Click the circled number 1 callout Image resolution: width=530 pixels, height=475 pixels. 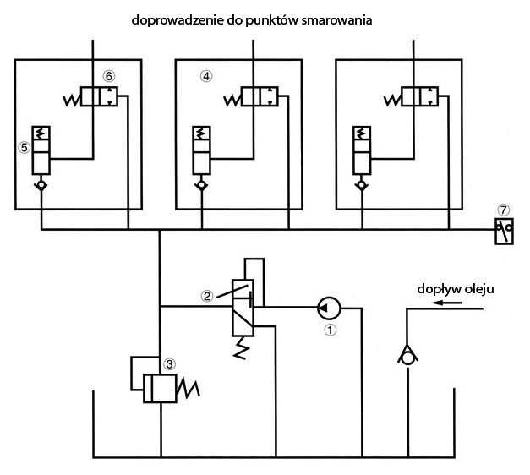coord(331,330)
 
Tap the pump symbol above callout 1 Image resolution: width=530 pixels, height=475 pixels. coord(330,306)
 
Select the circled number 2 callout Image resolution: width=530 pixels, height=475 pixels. coord(205,296)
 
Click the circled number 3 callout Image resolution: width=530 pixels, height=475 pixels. coord(169,364)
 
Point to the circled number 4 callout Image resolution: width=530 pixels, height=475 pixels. coord(206,75)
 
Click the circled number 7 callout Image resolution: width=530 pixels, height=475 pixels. coord(505,208)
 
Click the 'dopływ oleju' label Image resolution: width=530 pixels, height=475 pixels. coord(455,289)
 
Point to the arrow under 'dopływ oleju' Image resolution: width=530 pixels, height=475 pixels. coord(453,308)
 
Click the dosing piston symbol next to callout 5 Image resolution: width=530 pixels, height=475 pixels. coord(40,150)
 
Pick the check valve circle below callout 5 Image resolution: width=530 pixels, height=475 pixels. coord(40,183)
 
